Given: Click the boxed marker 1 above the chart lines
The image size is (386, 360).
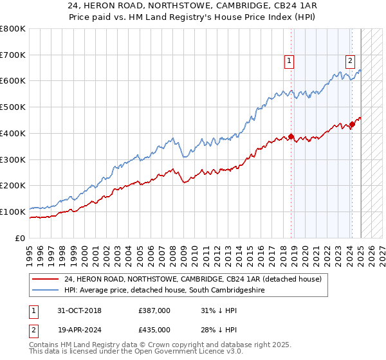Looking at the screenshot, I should [289, 62].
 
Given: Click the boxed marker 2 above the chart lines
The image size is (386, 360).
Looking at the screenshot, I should [350, 62].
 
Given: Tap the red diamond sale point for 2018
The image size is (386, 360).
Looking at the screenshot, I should [291, 136].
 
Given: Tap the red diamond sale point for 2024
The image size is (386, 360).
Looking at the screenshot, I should [352, 124].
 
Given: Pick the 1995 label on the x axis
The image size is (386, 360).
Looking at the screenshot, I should [30, 251].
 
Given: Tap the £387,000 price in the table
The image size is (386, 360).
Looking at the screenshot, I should [154, 310].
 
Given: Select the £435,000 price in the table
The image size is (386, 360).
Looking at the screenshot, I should [154, 330].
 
